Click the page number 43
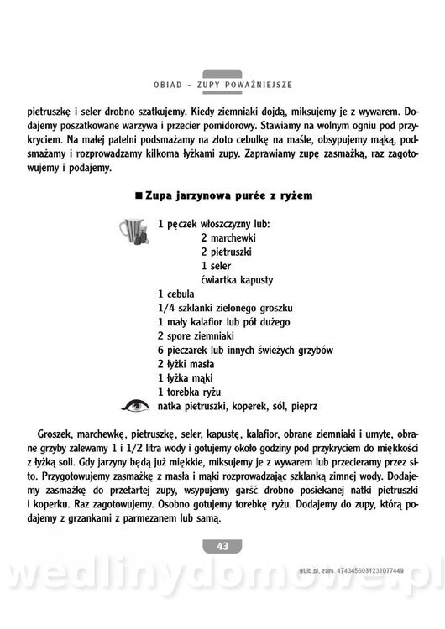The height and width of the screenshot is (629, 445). click(222, 546)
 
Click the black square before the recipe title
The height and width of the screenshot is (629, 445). click(138, 195)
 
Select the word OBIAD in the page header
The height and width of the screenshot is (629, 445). click(172, 85)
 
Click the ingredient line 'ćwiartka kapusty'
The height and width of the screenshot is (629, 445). click(238, 279)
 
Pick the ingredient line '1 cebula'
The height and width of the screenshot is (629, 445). click(175, 294)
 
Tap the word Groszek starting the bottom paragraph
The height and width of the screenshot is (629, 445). click(55, 434)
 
